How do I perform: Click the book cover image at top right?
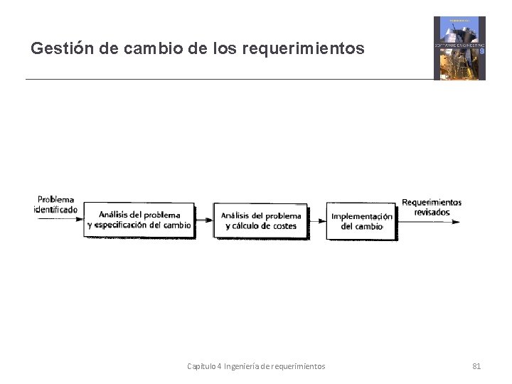(x=459, y=48)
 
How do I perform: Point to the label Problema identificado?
(x=55, y=205)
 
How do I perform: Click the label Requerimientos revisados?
(x=432, y=207)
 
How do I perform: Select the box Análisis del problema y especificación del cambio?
(x=139, y=220)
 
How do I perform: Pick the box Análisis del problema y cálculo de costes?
(x=261, y=220)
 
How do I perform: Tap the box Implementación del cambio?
(x=362, y=221)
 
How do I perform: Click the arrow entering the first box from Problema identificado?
(x=60, y=220)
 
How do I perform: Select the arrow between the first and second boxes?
(x=204, y=220)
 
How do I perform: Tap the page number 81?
(x=476, y=366)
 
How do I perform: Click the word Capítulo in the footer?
(x=201, y=366)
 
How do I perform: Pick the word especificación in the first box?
(x=127, y=225)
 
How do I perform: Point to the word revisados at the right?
(x=432, y=212)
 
